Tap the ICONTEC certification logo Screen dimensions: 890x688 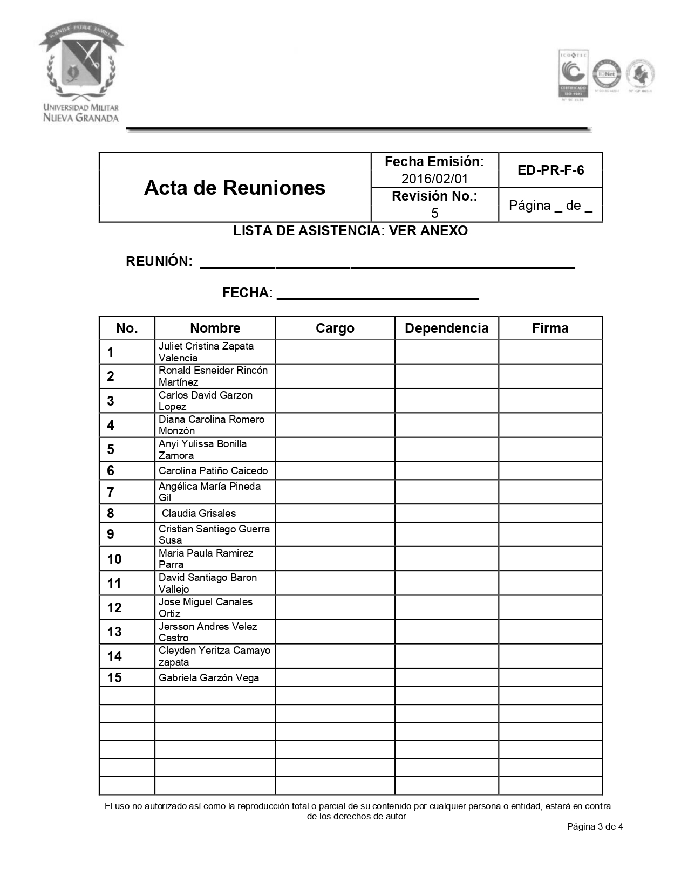(x=573, y=74)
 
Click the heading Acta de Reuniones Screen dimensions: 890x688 (x=235, y=188)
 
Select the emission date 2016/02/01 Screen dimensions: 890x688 (x=434, y=179)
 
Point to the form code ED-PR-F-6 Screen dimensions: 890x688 (x=550, y=170)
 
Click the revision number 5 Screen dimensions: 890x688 (x=434, y=213)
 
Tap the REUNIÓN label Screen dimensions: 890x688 (x=159, y=262)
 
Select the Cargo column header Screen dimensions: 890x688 (x=335, y=328)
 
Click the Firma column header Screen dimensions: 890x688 (x=550, y=328)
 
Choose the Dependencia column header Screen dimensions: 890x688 (x=446, y=328)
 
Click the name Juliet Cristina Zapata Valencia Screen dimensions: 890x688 (x=206, y=352)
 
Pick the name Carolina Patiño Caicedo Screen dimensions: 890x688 (x=213, y=470)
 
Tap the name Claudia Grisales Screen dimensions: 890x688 (x=199, y=513)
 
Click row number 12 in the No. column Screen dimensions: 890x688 (x=114, y=608)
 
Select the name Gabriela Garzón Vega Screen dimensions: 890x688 (x=209, y=678)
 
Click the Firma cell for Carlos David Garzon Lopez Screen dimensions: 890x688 (x=550, y=401)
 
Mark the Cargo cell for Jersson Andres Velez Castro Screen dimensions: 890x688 (x=335, y=632)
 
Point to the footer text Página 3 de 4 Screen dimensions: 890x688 (x=595, y=826)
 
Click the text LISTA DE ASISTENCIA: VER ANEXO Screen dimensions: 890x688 (x=350, y=231)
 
